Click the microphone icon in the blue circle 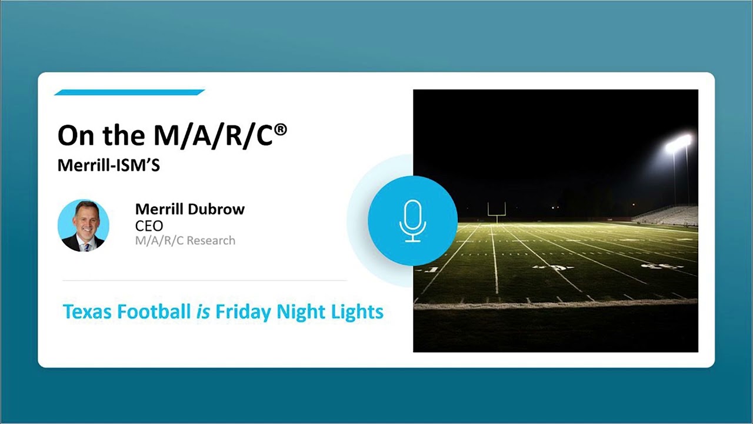click(412, 220)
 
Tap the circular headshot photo click(84, 226)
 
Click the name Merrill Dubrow click(189, 209)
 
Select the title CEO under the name click(149, 226)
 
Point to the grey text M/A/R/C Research click(185, 240)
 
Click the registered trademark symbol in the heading click(281, 128)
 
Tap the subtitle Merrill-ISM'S click(108, 165)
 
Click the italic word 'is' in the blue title click(202, 312)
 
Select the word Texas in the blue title click(88, 312)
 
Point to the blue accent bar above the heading click(129, 92)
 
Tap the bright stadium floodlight click(678, 143)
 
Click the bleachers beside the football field click(671, 214)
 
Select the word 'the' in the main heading click(121, 136)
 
